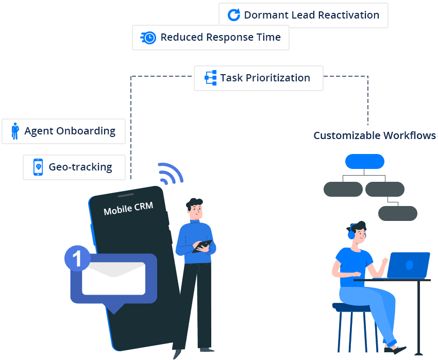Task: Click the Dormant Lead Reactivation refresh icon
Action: click(234, 15)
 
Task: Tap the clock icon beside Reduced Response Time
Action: click(148, 38)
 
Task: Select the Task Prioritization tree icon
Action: click(210, 78)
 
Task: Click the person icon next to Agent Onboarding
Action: click(15, 131)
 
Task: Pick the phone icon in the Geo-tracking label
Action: click(38, 167)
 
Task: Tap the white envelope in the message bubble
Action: click(114, 279)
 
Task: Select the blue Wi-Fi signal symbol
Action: click(170, 174)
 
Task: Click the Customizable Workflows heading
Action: click(375, 136)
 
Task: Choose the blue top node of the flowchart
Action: click(364, 162)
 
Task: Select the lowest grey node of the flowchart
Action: click(397, 213)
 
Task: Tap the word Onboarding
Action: click(86, 131)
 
